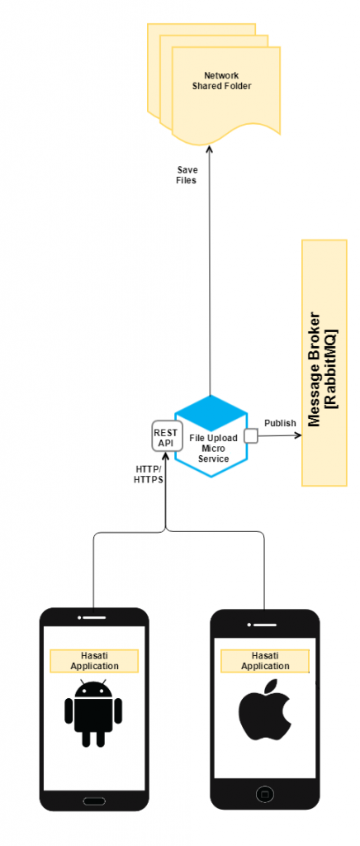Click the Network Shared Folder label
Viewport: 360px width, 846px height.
tap(220, 80)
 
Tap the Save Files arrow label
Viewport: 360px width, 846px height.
tap(187, 174)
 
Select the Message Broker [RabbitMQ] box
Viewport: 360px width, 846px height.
tap(324, 363)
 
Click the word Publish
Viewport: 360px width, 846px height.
tap(280, 423)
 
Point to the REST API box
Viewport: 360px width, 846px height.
tap(165, 437)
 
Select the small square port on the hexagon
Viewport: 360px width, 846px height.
tap(250, 435)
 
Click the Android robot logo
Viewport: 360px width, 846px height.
tap(93, 713)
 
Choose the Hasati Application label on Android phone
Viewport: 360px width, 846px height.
tap(94, 661)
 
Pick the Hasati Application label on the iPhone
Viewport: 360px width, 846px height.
tap(264, 660)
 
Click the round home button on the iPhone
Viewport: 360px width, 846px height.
tap(265, 794)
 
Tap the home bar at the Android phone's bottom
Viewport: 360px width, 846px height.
tap(94, 800)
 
